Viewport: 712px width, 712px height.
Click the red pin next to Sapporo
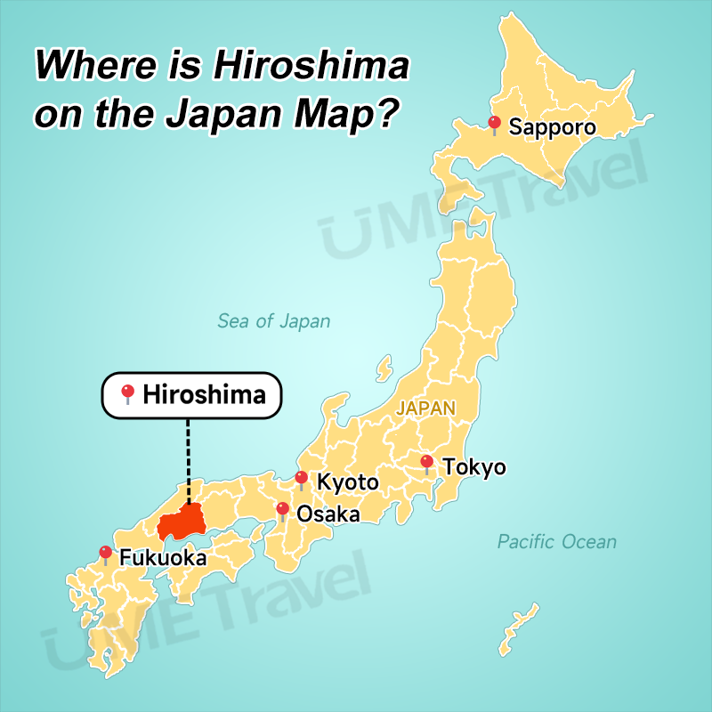(495, 123)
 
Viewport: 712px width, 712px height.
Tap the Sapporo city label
(552, 128)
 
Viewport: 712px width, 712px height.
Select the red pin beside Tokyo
(427, 462)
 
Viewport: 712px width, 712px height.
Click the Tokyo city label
(474, 466)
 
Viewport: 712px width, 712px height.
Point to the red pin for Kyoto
(302, 478)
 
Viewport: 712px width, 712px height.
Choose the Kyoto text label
(348, 483)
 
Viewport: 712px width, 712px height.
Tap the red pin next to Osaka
(282, 509)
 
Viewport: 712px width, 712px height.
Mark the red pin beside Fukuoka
(106, 553)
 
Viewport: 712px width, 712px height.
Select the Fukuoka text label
(163, 559)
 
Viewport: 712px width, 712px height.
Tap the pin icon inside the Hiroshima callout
(128, 392)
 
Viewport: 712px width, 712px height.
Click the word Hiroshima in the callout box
(204, 393)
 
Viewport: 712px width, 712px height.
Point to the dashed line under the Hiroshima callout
(189, 459)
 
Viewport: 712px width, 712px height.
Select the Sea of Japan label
(274, 321)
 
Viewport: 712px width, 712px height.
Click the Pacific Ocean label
(556, 541)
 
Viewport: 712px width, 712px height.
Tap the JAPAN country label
(425, 409)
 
